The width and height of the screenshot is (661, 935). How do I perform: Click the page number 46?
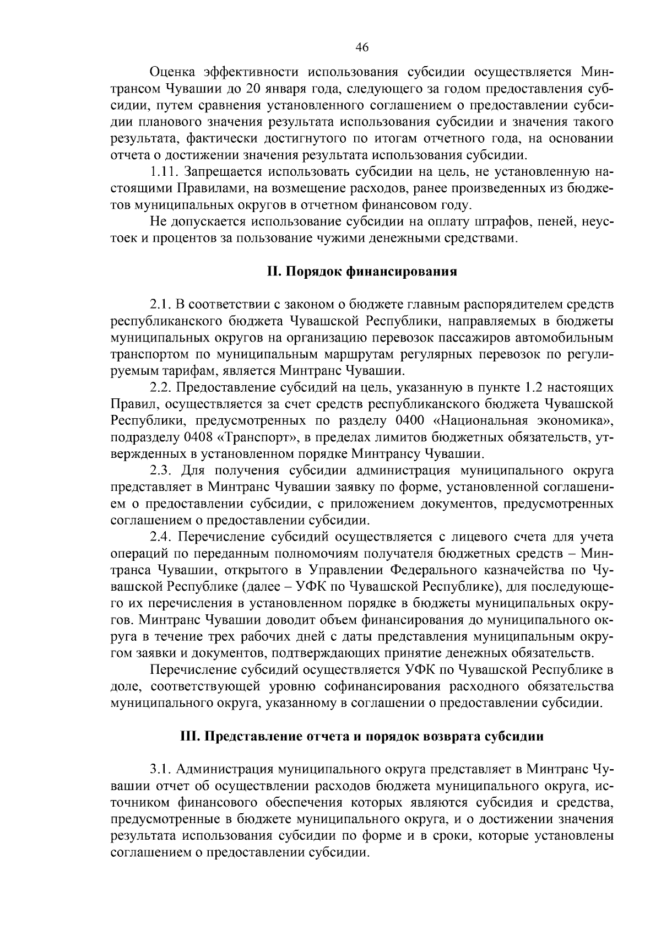(362, 47)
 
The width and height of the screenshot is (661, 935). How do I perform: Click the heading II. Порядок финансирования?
(362, 272)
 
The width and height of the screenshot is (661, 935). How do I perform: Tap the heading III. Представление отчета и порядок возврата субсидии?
(362, 737)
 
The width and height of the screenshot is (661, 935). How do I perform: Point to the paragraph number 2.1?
(161, 305)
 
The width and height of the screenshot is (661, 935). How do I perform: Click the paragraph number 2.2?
(161, 388)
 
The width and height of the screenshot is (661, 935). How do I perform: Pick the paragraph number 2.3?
(161, 471)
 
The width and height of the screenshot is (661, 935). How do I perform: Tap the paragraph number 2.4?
(161, 537)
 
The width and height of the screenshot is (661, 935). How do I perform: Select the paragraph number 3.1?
(161, 769)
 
